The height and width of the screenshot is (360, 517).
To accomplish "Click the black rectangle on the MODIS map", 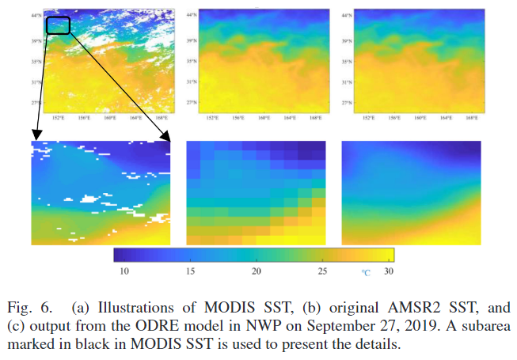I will (58, 25).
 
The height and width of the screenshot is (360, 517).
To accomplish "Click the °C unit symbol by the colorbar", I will (366, 272).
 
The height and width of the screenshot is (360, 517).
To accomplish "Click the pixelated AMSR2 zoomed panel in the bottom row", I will (257, 193).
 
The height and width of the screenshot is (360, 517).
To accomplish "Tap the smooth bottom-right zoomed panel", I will (411, 193).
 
